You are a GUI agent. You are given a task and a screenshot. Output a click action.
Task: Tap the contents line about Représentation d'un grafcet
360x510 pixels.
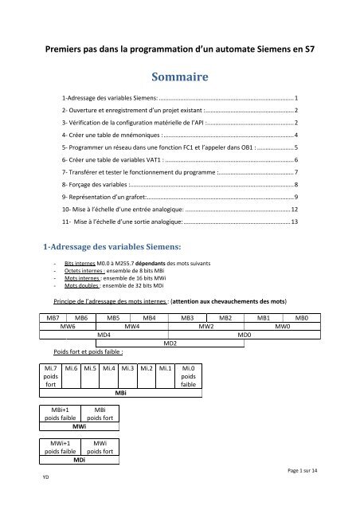click(x=112, y=196)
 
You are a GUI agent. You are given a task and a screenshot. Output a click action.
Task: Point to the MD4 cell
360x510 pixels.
click(x=104, y=335)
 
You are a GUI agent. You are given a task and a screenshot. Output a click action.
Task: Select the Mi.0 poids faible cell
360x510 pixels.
click(x=189, y=375)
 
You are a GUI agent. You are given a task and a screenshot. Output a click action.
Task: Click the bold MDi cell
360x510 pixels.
click(x=80, y=461)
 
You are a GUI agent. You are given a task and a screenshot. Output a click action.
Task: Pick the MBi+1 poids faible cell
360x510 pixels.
click(x=60, y=413)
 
